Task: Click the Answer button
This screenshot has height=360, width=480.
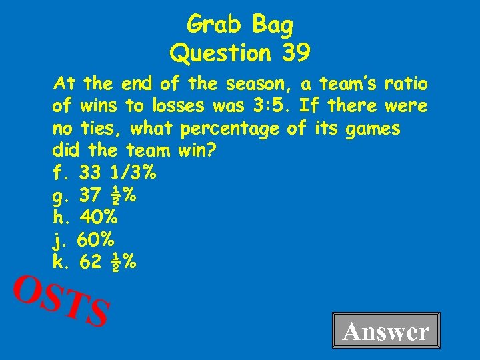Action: [x=386, y=331]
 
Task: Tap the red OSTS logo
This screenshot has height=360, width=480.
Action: [x=61, y=301]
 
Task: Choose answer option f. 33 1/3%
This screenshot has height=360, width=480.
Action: [x=104, y=173]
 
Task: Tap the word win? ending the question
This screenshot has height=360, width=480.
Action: [x=197, y=150]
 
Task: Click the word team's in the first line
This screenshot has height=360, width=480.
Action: [x=348, y=84]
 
